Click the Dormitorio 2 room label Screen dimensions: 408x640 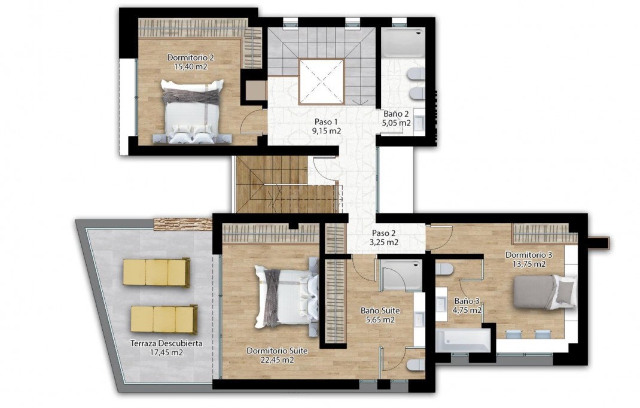tap(190, 57)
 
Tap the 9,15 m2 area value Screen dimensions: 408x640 tap(326, 130)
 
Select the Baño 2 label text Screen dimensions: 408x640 tap(396, 114)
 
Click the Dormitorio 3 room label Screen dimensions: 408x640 tap(528, 254)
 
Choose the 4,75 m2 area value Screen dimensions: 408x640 tap(467, 310)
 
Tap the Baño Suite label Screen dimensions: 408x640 tap(380, 311)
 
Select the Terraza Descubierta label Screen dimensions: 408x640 tap(166, 343)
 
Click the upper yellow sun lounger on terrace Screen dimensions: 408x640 tap(156, 272)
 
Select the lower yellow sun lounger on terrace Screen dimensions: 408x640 tap(163, 319)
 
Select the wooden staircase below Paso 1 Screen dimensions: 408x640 tap(272, 184)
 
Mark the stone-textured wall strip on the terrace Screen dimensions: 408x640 tap(183, 224)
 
